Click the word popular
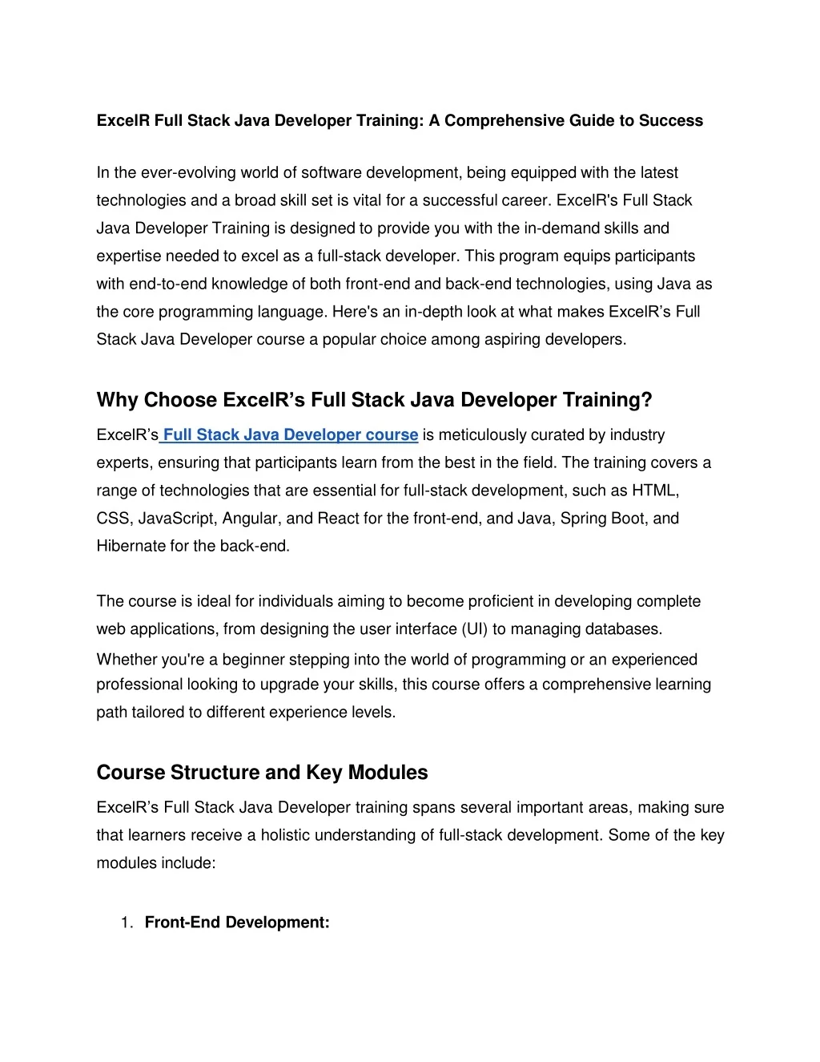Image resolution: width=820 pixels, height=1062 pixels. pos(351,340)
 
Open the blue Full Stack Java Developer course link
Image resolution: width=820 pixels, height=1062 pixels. pos(291,435)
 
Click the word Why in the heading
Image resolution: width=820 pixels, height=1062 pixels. pos(117,400)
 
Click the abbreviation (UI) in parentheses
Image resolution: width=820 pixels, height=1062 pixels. pos(474,629)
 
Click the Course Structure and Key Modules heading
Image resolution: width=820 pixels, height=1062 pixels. pos(262,773)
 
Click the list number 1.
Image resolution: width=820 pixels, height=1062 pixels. pos(126,923)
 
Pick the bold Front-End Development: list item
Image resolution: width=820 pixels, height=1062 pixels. pos(237,923)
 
